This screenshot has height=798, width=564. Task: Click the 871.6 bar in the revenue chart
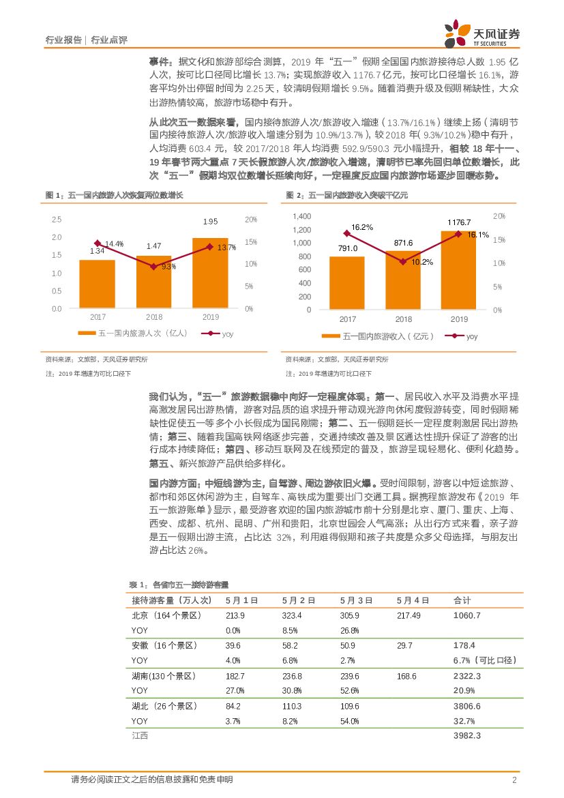(403, 280)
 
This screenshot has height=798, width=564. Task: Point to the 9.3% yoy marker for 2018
(154, 266)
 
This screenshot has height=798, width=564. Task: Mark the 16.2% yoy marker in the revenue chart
(347, 234)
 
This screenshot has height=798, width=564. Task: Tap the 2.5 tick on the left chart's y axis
(57, 220)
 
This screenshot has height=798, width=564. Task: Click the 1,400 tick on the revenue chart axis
(301, 216)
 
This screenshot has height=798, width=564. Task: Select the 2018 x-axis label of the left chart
(154, 317)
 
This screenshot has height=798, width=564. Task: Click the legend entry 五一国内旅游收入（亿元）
(379, 336)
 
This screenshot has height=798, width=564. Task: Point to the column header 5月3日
(356, 600)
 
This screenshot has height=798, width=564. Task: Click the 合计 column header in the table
(462, 600)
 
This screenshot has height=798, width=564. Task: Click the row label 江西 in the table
(139, 735)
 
